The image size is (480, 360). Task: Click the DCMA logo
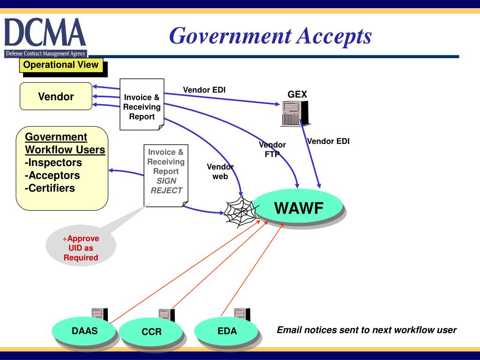tap(45, 37)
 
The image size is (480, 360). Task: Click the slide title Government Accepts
tap(270, 36)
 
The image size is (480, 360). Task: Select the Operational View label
tap(61, 65)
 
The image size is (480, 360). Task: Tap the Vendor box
tap(56, 97)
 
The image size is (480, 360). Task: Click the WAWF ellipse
tap(299, 207)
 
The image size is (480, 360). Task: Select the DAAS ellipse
tap(84, 331)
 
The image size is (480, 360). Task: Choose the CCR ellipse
tap(151, 332)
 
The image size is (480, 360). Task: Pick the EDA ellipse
tap(227, 331)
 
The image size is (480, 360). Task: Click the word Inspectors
tap(53, 163)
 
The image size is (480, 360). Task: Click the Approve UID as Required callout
tap(81, 248)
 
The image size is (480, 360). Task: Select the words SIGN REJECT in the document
tap(166, 186)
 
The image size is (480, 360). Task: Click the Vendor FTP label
tap(272, 150)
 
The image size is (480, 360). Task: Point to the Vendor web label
tap(220, 172)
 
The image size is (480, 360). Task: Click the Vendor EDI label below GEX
tap(328, 141)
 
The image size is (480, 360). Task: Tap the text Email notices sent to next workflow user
tap(367, 330)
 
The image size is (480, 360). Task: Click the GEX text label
tap(297, 94)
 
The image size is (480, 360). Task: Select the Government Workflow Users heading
tap(65, 143)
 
